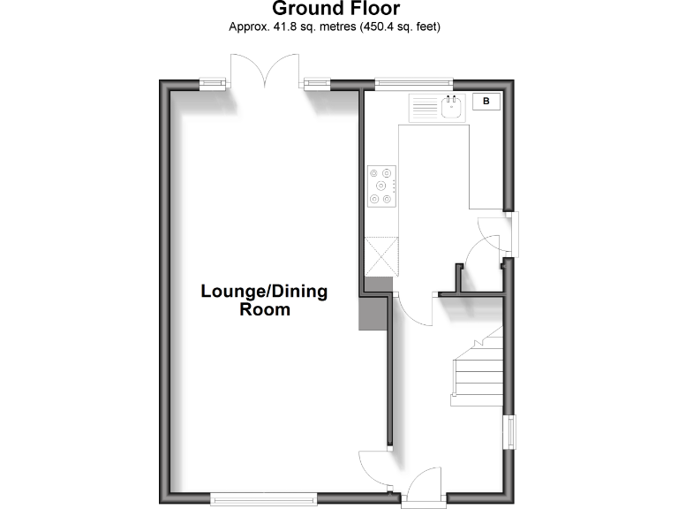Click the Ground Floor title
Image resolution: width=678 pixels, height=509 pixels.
335,9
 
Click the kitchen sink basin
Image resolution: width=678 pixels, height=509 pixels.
453,109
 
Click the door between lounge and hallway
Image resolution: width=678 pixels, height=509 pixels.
374,461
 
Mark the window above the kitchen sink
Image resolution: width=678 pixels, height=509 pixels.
414,84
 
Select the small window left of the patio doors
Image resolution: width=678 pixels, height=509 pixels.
212,84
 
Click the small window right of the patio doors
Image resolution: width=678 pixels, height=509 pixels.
314,84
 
